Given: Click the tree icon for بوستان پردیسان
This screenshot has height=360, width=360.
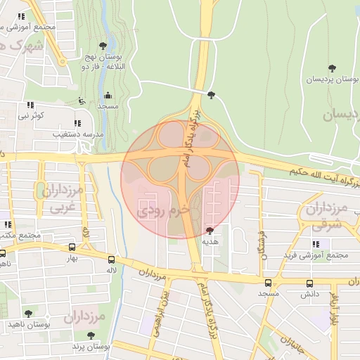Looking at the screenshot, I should click(x=331, y=68).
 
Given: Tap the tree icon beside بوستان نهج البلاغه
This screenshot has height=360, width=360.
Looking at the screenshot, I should click(x=103, y=46).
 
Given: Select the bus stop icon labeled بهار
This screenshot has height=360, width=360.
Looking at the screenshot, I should click(x=72, y=247).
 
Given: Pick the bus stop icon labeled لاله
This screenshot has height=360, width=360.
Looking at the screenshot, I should click(x=110, y=259).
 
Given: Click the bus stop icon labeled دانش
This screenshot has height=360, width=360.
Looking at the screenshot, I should click(x=309, y=283).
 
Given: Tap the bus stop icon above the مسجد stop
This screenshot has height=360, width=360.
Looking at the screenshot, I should click(x=267, y=283).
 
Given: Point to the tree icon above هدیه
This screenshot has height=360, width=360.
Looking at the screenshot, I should click(x=210, y=230).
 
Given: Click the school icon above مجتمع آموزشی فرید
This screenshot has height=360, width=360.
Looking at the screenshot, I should click(x=315, y=244).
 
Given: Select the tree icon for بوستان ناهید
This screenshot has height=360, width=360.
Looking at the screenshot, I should click(x=28, y=314).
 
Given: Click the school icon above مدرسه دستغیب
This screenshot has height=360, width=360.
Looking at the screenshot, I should click(x=77, y=123).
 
